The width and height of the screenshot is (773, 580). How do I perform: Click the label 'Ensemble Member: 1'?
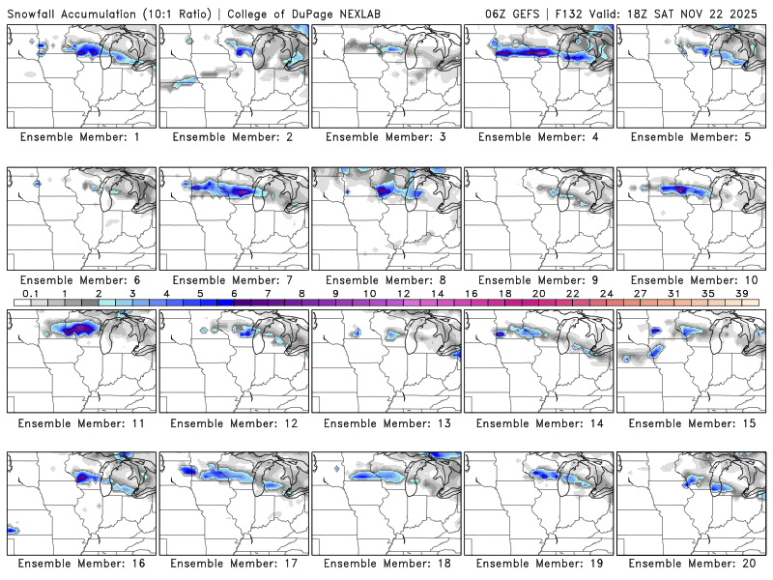(81, 137)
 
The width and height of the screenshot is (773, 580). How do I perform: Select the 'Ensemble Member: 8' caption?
(386, 280)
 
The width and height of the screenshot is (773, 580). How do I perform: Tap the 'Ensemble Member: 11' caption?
(81, 422)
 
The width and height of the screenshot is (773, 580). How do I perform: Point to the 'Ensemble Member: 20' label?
(692, 564)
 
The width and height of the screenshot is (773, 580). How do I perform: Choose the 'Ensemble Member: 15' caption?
(692, 422)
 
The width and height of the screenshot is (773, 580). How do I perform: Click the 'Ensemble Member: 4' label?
(539, 137)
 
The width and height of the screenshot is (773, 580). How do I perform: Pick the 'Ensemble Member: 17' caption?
(234, 564)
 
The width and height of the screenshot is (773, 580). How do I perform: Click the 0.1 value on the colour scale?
(31, 293)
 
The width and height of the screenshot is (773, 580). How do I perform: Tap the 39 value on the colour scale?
(742, 293)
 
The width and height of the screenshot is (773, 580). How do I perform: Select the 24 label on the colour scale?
(607, 293)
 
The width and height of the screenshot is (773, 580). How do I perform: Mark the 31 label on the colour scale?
(674, 293)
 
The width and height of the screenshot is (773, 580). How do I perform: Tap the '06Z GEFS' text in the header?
(514, 14)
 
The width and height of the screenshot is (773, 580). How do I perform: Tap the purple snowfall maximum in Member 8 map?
(385, 191)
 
